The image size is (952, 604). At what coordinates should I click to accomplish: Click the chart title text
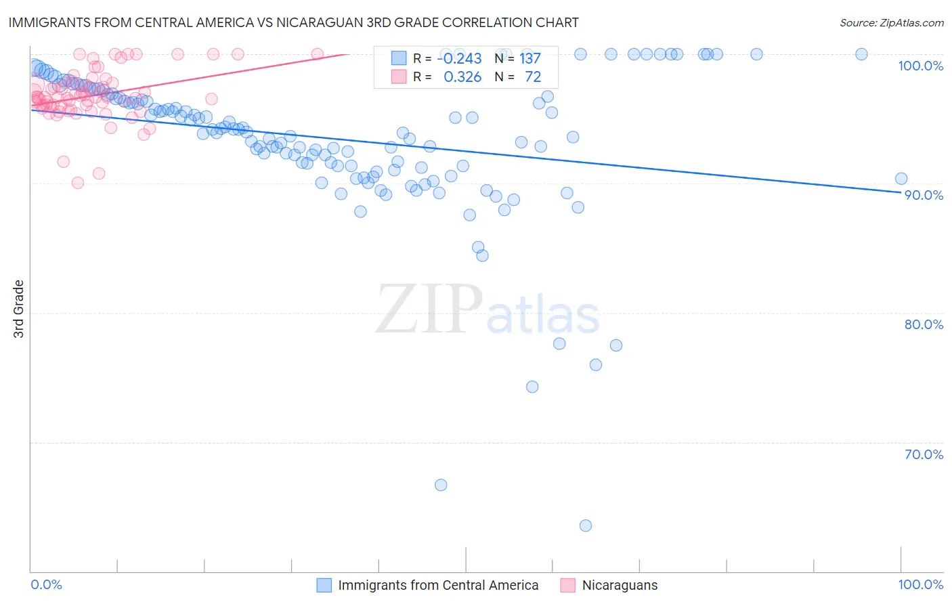(293, 22)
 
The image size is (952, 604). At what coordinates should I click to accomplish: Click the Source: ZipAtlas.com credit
(891, 22)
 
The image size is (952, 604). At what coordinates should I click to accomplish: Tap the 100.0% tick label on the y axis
(920, 66)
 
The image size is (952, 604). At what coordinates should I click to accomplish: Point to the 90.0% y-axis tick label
(924, 195)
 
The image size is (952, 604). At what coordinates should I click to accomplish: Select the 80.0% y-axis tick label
(924, 324)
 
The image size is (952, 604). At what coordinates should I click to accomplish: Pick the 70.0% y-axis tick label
(924, 454)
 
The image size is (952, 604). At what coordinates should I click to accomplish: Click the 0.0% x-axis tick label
(46, 584)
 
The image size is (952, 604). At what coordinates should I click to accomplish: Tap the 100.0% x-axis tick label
(920, 584)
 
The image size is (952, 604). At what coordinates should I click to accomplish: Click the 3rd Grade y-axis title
(19, 309)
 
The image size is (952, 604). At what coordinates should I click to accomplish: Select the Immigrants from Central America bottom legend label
(438, 585)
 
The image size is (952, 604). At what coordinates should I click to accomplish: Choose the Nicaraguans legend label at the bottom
(620, 585)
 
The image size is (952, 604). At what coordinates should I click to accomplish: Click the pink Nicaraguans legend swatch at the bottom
(567, 585)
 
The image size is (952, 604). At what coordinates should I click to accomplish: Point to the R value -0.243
(459, 59)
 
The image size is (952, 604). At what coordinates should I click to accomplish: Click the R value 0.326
(462, 77)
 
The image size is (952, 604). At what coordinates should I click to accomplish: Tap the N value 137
(530, 59)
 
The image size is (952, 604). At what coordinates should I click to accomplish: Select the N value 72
(533, 77)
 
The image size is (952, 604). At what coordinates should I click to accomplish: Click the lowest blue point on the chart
(586, 525)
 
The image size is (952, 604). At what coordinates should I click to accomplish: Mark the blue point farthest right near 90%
(901, 179)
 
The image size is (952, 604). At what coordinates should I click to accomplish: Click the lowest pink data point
(78, 183)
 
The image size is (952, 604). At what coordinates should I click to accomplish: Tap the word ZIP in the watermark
(429, 309)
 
